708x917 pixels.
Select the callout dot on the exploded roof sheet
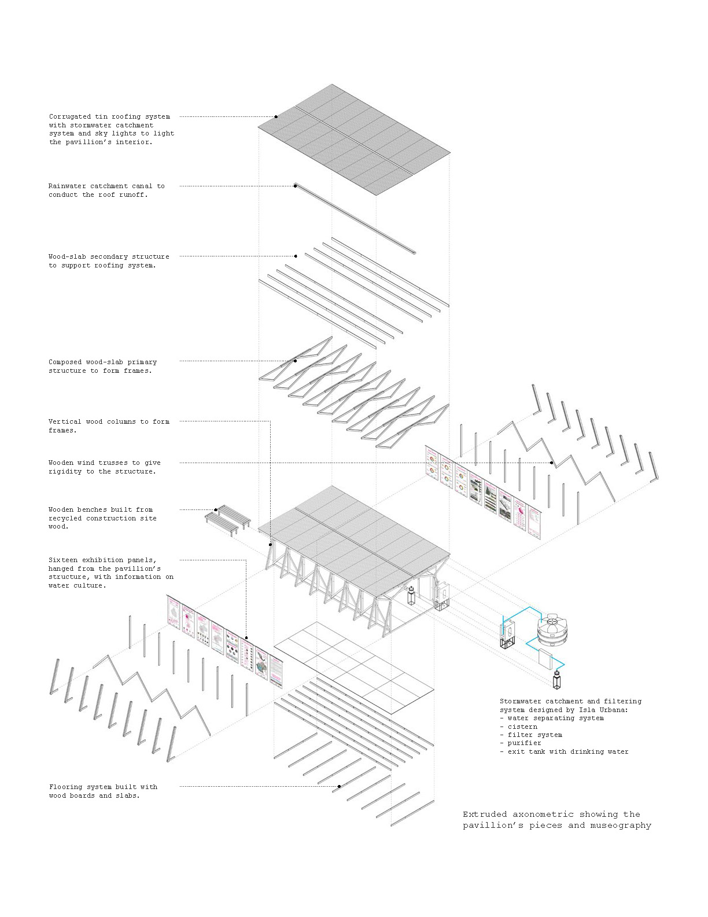pyautogui.click(x=276, y=116)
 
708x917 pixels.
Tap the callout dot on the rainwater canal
pyautogui.click(x=296, y=186)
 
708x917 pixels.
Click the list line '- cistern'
pyautogui.click(x=518, y=727)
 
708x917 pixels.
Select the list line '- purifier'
pyautogui.click(x=521, y=743)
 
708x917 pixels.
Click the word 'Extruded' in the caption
pyautogui.click(x=482, y=814)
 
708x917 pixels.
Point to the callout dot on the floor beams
pyautogui.click(x=339, y=786)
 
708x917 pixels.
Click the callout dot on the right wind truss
pyautogui.click(x=552, y=463)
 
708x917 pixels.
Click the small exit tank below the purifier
pyautogui.click(x=557, y=680)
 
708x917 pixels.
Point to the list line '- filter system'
pyautogui.click(x=530, y=735)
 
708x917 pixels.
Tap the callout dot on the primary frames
pyautogui.click(x=296, y=361)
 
